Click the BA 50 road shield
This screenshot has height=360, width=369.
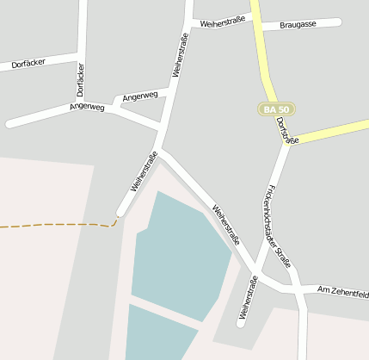(x=276, y=109)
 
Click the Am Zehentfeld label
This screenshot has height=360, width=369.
(x=342, y=291)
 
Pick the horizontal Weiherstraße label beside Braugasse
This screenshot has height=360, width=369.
(x=224, y=23)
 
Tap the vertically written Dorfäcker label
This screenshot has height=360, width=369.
(x=80, y=79)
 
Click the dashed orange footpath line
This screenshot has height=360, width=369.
(x=52, y=225)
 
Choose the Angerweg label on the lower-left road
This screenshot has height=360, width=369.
(x=87, y=108)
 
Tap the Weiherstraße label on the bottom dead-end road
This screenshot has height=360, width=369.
(x=249, y=297)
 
